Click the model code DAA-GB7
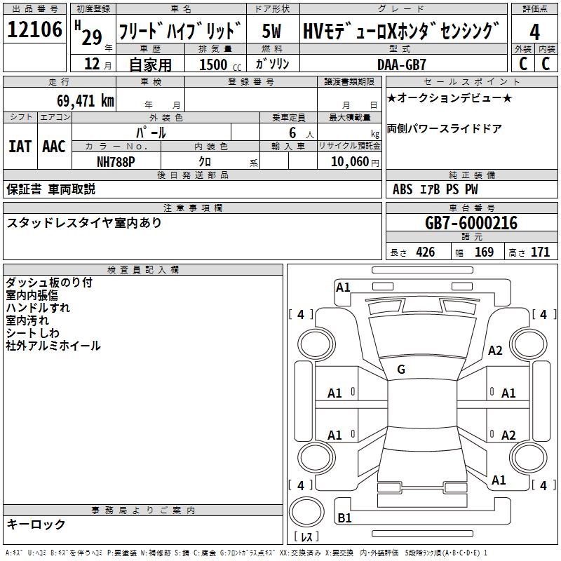[x=402, y=65]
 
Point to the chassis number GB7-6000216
[x=471, y=224]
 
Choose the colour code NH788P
[x=116, y=161]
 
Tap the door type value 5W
[x=272, y=32]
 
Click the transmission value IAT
[x=20, y=147]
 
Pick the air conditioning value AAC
[x=53, y=147]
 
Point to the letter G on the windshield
[x=401, y=370]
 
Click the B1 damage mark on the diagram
[x=344, y=518]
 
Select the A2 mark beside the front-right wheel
[x=495, y=351]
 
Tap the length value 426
[x=424, y=252]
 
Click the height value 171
[x=540, y=252]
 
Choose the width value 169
[x=484, y=252]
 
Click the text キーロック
[x=36, y=525]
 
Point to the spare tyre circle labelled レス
[x=306, y=517]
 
